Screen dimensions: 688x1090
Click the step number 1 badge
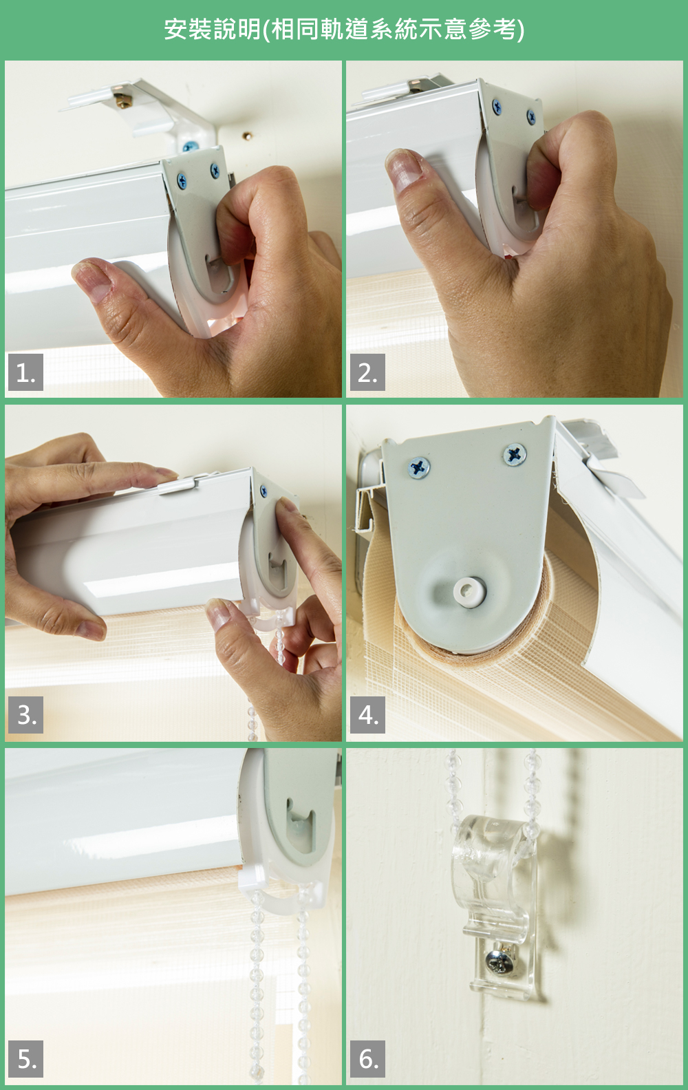(x=25, y=372)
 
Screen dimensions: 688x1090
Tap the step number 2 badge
(x=367, y=372)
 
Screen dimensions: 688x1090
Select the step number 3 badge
(x=25, y=715)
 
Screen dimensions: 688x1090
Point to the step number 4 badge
(x=367, y=715)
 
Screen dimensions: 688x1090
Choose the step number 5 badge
(x=25, y=1059)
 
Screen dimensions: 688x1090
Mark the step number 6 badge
(x=367, y=1059)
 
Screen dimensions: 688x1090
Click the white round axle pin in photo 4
(x=469, y=591)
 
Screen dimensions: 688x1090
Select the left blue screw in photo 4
(x=418, y=468)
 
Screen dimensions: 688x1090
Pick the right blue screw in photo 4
(x=515, y=454)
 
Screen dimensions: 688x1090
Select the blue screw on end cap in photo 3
(x=264, y=491)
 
